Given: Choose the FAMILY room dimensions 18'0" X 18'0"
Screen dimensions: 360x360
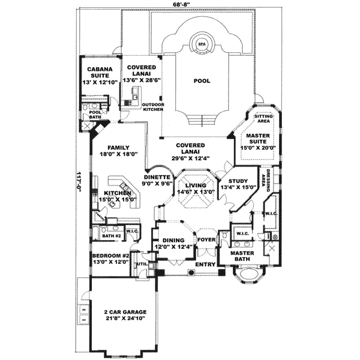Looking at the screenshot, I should pyautogui.click(x=119, y=154).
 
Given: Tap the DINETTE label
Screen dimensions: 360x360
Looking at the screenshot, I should pyautogui.click(x=158, y=177).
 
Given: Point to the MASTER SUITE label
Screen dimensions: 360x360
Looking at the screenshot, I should pyautogui.click(x=256, y=137).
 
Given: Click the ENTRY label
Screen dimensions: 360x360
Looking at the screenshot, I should pyautogui.click(x=205, y=264).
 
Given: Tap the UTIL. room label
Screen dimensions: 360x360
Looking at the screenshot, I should pyautogui.click(x=142, y=263).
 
